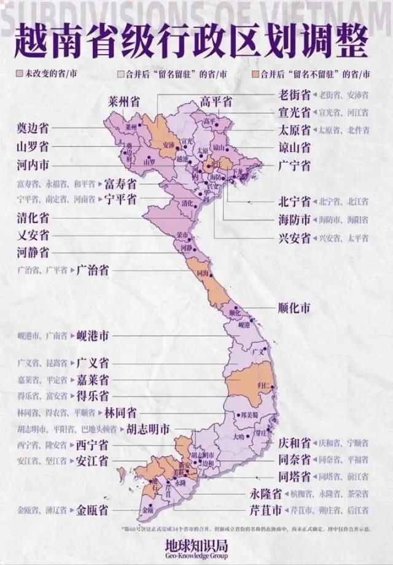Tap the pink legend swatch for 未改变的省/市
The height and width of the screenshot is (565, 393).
coord(19,75)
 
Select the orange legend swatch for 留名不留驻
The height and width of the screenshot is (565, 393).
coord(255,75)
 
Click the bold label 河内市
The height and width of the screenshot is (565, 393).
coord(33,165)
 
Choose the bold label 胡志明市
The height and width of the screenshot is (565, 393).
coord(147,429)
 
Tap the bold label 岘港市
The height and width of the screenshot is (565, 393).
coord(93,336)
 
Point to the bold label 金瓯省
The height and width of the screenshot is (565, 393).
coord(93,510)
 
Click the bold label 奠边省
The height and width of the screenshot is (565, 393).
coord(33,128)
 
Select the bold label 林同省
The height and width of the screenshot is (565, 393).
coord(120,412)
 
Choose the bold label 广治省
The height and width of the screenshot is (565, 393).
coord(93,270)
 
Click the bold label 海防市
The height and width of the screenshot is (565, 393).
coord(294,220)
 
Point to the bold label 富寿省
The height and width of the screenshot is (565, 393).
coord(120,184)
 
